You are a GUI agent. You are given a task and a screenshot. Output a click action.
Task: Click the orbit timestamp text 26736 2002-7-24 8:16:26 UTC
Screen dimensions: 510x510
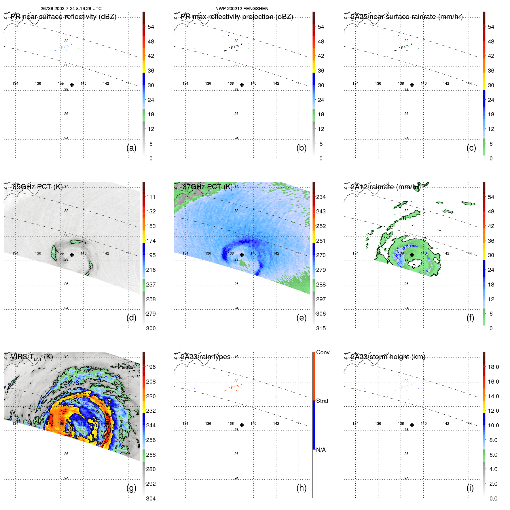pyautogui.click(x=71, y=9)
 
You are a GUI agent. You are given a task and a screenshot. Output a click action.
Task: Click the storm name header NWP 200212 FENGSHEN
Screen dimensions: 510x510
pyautogui.click(x=242, y=9)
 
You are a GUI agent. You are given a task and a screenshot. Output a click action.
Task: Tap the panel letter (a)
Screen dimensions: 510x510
pyautogui.click(x=131, y=148)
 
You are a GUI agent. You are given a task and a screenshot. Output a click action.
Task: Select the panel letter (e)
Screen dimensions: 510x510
pyautogui.click(x=301, y=318)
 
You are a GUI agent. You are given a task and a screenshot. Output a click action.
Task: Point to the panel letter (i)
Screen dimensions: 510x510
pyautogui.click(x=470, y=488)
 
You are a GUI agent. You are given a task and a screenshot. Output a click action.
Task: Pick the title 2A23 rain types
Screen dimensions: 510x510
pyautogui.click(x=205, y=357)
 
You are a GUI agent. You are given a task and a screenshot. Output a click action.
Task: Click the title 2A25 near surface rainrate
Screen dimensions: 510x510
pyautogui.click(x=406, y=17)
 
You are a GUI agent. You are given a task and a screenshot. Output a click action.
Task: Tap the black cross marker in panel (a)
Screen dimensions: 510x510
pyautogui.click(x=72, y=85)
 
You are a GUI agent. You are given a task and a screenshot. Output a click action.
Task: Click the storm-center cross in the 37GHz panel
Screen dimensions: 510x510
pyautogui.click(x=242, y=255)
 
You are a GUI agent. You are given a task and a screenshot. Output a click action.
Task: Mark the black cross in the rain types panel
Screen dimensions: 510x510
pyautogui.click(x=242, y=425)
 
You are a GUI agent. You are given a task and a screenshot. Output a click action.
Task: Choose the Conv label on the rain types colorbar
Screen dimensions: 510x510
pyautogui.click(x=323, y=352)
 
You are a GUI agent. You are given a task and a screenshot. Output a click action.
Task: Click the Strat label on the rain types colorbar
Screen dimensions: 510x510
pyautogui.click(x=322, y=401)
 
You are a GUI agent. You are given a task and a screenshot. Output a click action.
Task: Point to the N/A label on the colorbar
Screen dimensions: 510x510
pyautogui.click(x=321, y=450)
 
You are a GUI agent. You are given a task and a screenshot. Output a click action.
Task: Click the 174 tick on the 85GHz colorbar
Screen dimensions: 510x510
pyautogui.click(x=151, y=241)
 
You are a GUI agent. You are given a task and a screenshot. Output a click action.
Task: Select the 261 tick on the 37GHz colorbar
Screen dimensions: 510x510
pyautogui.click(x=321, y=241)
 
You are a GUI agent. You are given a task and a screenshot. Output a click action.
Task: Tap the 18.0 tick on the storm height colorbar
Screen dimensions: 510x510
pyautogui.click(x=493, y=367)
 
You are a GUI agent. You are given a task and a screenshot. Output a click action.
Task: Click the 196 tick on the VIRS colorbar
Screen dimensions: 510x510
pyautogui.click(x=151, y=367)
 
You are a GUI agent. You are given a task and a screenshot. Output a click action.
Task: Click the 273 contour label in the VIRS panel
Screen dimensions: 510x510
pyautogui.click(x=74, y=383)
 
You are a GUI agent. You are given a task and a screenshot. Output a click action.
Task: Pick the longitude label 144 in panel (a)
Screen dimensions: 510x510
pyautogui.click(x=129, y=83)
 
